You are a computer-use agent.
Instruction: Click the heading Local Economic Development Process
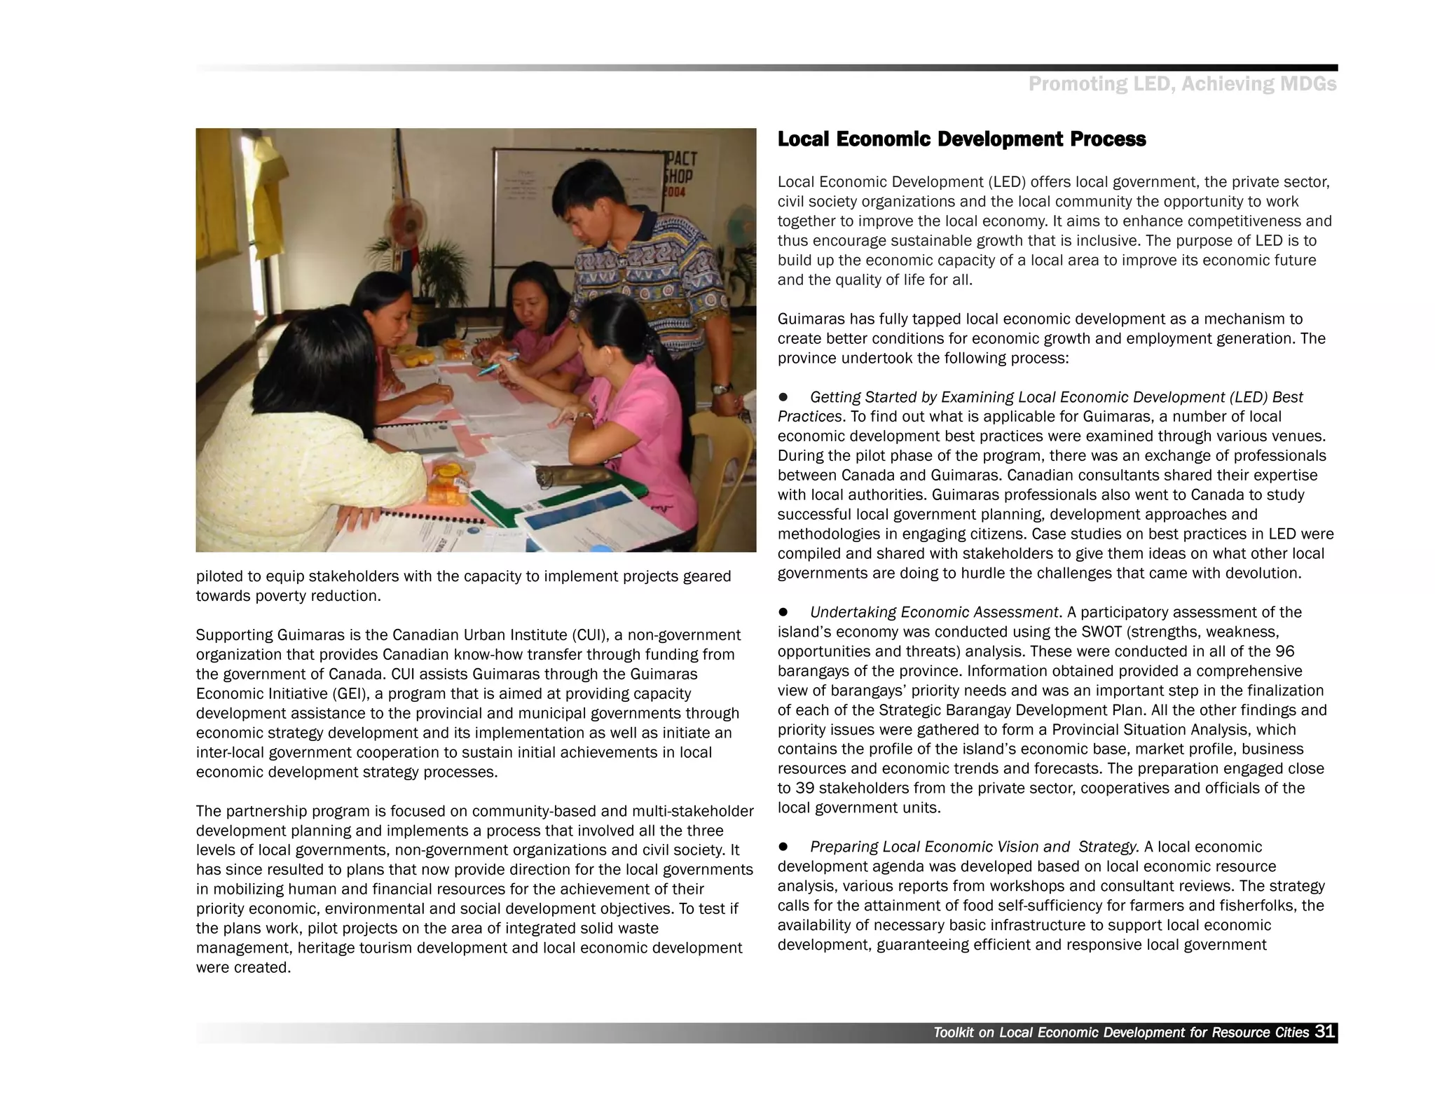tap(961, 139)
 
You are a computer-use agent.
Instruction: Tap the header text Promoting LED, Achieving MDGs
tap(1182, 85)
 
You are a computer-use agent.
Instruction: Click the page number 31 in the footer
tap(1324, 1031)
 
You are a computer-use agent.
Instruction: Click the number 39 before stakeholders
tap(804, 788)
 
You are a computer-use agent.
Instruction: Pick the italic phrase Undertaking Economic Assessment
tap(933, 612)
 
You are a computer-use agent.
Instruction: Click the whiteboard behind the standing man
tap(533, 203)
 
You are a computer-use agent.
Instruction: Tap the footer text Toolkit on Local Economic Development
tap(1120, 1032)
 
